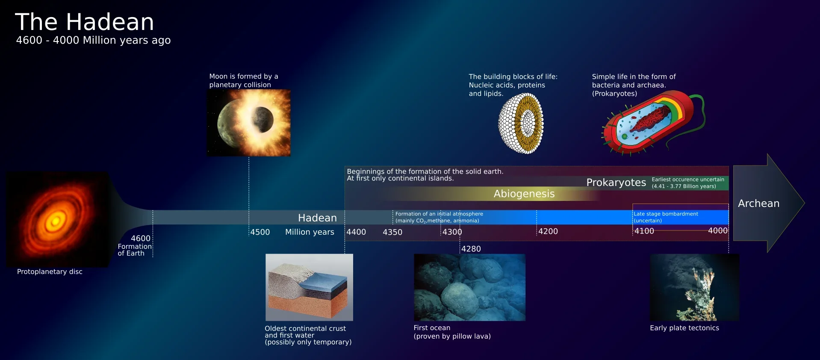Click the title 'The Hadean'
(x=84, y=22)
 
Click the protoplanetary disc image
(x=57, y=219)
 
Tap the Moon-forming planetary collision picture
(x=249, y=123)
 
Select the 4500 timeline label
(x=260, y=232)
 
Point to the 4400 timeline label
(x=356, y=232)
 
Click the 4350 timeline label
(x=392, y=232)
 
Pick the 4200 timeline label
(x=548, y=231)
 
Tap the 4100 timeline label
(x=644, y=231)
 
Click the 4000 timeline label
(x=718, y=231)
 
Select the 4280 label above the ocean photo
(x=471, y=249)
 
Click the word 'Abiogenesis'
(x=524, y=194)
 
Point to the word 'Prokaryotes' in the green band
(x=616, y=183)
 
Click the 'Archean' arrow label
(x=759, y=204)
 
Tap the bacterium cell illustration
(x=653, y=124)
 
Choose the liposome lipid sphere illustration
(x=521, y=124)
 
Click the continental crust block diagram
(x=310, y=287)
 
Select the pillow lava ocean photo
(x=469, y=287)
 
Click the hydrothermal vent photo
(x=694, y=287)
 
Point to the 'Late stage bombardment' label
(x=666, y=214)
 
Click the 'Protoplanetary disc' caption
(x=50, y=272)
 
